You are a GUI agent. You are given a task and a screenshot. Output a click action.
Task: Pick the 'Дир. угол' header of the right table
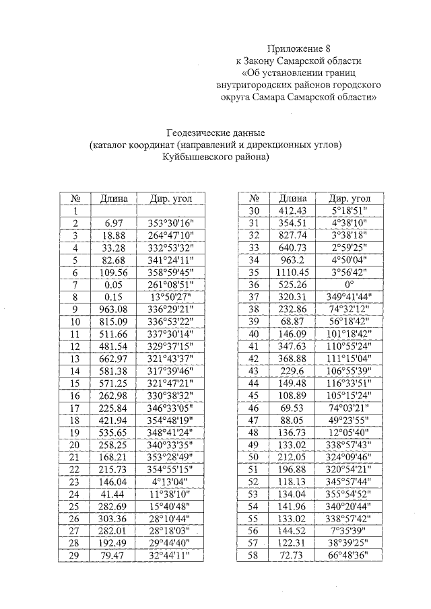[x=350, y=199]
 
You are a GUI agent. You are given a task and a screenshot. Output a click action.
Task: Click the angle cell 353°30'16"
[x=165, y=223]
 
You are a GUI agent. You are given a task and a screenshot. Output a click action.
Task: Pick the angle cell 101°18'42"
[x=350, y=334]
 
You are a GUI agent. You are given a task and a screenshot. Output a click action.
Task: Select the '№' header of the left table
[x=75, y=199]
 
